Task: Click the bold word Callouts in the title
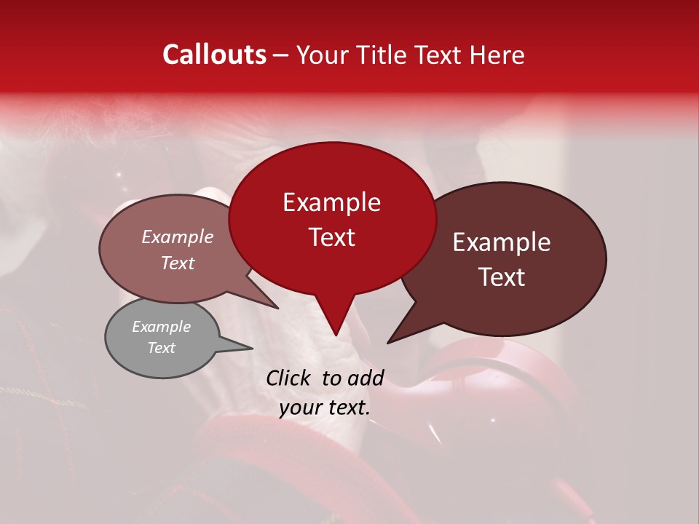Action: coord(215,55)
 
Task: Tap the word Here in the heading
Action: coord(498,55)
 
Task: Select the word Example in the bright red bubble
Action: coord(331,202)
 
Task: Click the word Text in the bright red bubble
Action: coord(331,237)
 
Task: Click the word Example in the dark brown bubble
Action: coord(502,242)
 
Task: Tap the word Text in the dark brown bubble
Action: coord(502,277)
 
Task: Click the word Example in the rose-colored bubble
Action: coord(177,237)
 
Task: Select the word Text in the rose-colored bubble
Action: coord(177,263)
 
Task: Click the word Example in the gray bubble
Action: coord(161,327)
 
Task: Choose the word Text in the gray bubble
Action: coord(161,348)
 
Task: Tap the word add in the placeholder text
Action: coord(367,378)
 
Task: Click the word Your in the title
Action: coord(320,55)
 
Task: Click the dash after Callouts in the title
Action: coord(282,55)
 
